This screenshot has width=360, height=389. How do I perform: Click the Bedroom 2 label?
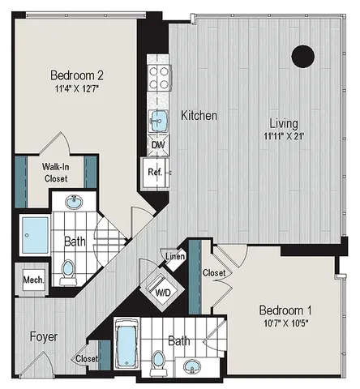tap(77, 75)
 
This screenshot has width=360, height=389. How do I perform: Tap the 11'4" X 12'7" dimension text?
tap(76, 88)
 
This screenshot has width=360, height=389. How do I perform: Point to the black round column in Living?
tap(302, 56)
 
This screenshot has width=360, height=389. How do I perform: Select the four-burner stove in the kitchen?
tap(159, 78)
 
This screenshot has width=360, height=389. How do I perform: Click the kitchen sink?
tap(159, 121)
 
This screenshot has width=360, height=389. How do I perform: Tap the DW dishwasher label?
tap(158, 145)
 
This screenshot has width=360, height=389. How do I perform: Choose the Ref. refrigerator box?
tap(155, 173)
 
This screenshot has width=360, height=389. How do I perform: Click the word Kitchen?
tap(199, 115)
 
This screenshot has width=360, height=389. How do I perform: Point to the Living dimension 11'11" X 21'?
tap(284, 136)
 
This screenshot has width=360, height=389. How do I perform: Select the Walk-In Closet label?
tap(56, 173)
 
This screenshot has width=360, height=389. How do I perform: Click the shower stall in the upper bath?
tap(35, 235)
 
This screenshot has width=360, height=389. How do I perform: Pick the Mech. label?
tap(33, 280)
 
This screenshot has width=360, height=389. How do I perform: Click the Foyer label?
tap(44, 336)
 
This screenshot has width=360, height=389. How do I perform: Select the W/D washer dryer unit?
tap(162, 289)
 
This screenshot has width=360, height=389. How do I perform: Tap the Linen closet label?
tap(175, 256)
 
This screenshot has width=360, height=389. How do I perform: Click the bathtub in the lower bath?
tap(126, 344)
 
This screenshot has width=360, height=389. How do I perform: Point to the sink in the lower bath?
tap(192, 366)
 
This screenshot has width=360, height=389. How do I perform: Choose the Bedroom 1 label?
tap(285, 310)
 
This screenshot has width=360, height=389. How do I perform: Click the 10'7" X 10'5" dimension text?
tap(286, 323)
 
